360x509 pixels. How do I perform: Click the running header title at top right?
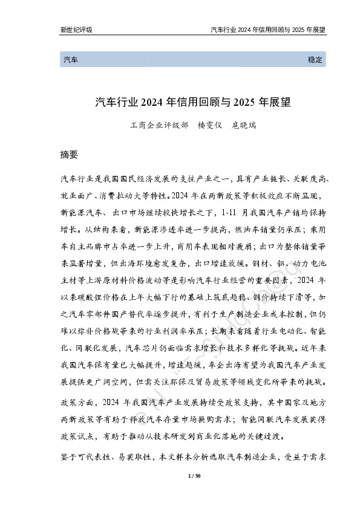[x=268, y=29]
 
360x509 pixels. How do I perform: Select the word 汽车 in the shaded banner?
[x=70, y=60]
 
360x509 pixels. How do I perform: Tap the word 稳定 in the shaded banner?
[x=315, y=60]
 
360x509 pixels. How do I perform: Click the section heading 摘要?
[x=70, y=154]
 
